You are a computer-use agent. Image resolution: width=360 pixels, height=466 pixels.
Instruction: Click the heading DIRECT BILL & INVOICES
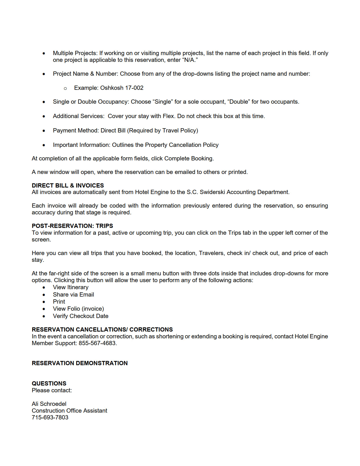coord(68,185)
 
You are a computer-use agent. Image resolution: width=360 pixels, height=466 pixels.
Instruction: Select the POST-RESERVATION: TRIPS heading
coord(72,226)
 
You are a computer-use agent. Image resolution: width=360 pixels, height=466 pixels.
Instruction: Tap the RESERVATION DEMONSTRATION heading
coord(80,363)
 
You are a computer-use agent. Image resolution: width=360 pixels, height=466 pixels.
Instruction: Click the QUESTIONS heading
coord(49,384)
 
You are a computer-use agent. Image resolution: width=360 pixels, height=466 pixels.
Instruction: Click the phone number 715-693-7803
coord(50,417)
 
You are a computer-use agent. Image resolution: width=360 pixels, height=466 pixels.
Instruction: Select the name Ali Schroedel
coord(49,404)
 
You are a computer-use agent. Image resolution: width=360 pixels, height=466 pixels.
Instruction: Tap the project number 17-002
coord(134,88)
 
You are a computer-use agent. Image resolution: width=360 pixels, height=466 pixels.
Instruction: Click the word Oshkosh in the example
coord(112,88)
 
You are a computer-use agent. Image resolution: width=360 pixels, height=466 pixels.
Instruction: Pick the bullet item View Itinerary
coord(71,287)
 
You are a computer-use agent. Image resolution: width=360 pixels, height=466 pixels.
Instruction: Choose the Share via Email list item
coord(73,295)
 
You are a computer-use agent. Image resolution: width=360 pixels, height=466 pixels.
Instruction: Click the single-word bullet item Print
coord(59,302)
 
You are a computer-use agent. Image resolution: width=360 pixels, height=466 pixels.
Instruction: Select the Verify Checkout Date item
coord(81,316)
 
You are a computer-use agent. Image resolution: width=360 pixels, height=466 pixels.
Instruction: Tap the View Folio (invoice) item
coord(78,309)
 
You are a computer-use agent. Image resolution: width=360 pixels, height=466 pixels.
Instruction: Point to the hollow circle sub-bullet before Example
coord(65,88)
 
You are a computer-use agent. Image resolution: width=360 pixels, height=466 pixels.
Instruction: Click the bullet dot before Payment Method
coord(44,131)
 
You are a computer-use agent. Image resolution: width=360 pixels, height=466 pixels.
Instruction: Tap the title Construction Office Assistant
coord(69,411)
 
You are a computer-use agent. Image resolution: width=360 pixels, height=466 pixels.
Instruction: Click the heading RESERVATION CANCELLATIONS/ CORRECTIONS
coord(102,330)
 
